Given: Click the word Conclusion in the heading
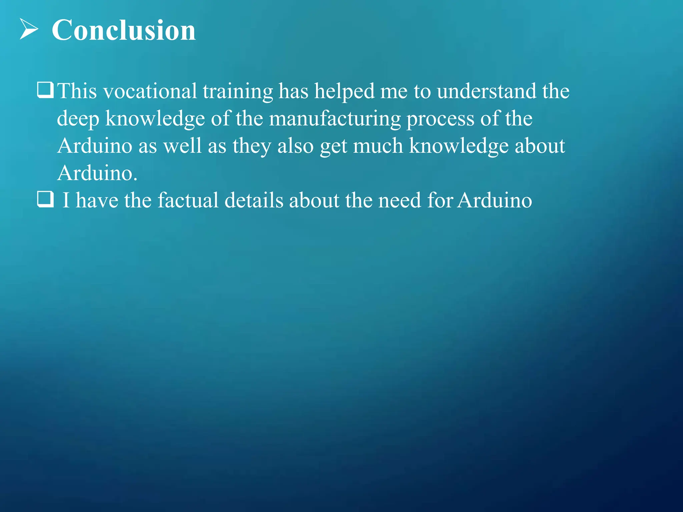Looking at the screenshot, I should [124, 30].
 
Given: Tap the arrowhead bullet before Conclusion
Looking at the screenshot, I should [29, 29].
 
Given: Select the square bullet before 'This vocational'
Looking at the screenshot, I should [45, 90].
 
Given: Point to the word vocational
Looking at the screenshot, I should [150, 91].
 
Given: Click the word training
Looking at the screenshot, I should [238, 92].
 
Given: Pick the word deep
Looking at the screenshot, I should [78, 119].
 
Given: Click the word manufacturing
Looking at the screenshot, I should [335, 119].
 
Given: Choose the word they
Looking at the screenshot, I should [252, 146].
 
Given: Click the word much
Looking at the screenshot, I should [378, 146].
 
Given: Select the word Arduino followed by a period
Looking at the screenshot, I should [97, 173].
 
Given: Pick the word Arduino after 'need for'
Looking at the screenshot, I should [495, 200].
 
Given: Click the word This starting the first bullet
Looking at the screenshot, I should [77, 91].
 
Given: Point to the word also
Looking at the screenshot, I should [295, 146].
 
